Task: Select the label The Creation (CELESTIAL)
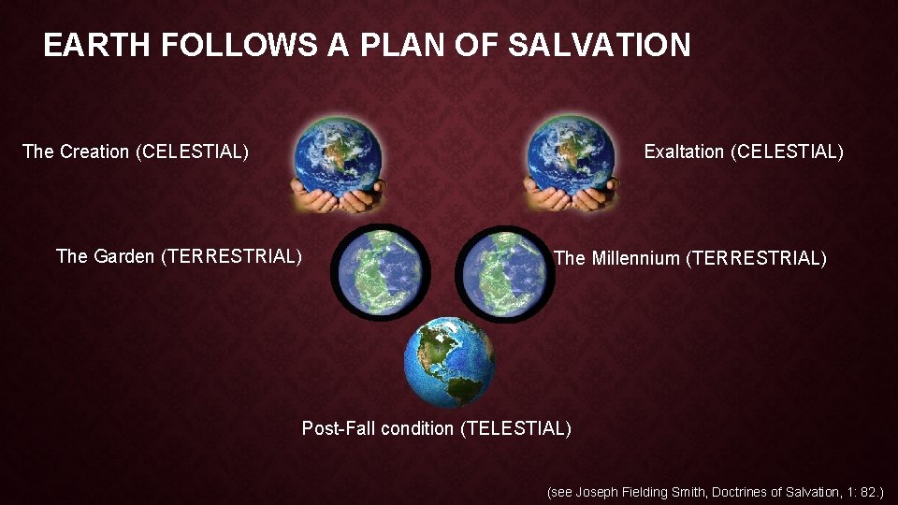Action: [136, 151]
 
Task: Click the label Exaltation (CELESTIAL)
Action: [744, 151]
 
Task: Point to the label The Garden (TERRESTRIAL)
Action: [179, 255]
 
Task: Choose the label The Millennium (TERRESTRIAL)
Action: [690, 257]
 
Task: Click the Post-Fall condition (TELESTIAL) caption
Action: [436, 428]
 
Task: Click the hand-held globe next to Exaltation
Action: [570, 156]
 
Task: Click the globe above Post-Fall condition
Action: [450, 361]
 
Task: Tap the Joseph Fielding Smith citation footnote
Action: [715, 490]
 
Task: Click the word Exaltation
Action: [684, 151]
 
